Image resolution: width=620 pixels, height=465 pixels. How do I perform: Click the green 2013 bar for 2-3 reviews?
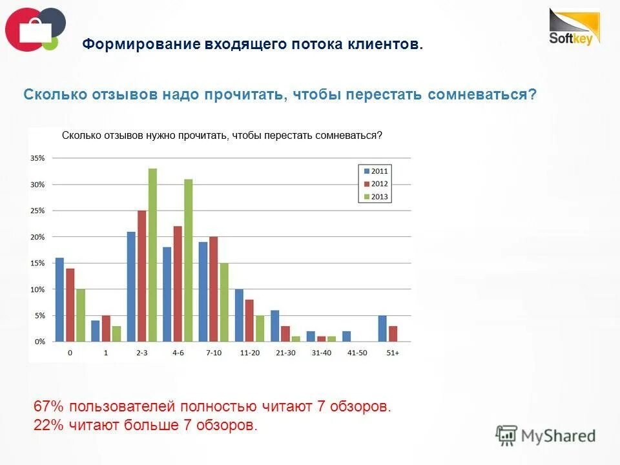point(152,254)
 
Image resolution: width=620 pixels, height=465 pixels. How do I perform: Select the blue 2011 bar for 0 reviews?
point(59,299)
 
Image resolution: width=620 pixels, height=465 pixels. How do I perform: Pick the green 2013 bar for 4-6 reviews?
point(189,260)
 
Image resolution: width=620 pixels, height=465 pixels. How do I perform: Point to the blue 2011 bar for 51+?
point(382,328)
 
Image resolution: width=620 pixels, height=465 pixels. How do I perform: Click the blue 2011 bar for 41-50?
point(346,336)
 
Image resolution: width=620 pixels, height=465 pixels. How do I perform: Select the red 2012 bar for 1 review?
point(106,328)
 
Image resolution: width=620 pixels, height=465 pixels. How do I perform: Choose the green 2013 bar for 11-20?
point(260,328)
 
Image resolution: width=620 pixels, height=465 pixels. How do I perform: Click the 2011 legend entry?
point(375,171)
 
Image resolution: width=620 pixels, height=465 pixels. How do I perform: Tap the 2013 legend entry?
point(375,196)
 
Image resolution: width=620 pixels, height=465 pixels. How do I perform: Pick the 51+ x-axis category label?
point(392,353)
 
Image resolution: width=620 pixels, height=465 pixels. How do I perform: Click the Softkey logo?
point(574,27)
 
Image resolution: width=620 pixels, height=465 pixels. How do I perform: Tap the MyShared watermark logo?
point(546,436)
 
